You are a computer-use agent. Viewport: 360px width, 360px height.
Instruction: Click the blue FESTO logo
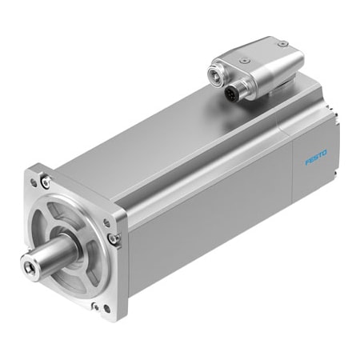316,158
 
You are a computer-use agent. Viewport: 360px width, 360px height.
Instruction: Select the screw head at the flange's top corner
46,182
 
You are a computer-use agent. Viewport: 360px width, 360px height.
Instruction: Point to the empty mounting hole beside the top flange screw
34,183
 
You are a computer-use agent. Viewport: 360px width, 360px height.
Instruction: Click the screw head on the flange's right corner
114,238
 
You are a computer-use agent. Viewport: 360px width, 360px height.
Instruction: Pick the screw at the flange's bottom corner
95,306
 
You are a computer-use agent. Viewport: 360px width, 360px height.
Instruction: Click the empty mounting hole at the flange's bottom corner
106,309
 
